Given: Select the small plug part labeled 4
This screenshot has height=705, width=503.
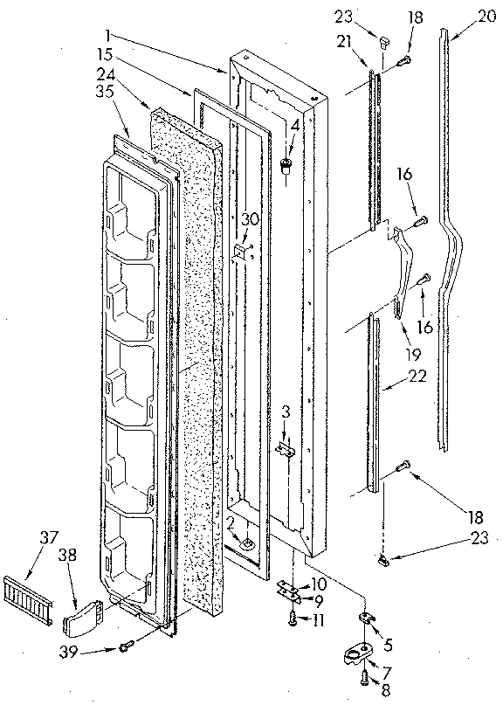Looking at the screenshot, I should click(285, 164).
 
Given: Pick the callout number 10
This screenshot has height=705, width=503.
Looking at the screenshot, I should click(318, 583).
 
